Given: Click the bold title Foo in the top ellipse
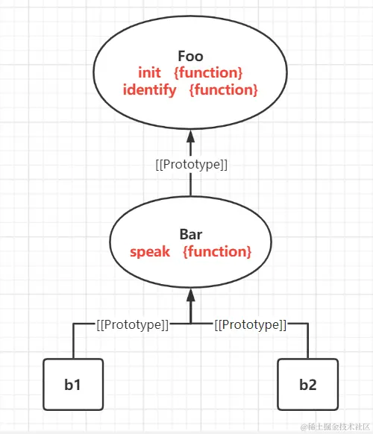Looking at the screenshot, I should pos(190,57).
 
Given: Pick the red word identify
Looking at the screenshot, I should pos(150,90).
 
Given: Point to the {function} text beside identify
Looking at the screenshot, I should pos(224,90).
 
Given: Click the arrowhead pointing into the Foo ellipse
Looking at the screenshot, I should pos(190,137).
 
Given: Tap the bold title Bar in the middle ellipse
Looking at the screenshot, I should pos(190,235).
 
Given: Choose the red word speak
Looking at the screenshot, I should pos(151,252).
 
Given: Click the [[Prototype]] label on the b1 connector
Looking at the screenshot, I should pos(133,325).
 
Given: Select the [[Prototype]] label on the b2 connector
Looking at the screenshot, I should pos(250,325).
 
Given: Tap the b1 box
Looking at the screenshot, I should pos(72,385).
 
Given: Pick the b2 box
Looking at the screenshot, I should pos(307,385).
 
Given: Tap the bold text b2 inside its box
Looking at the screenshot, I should pos(307,386).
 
